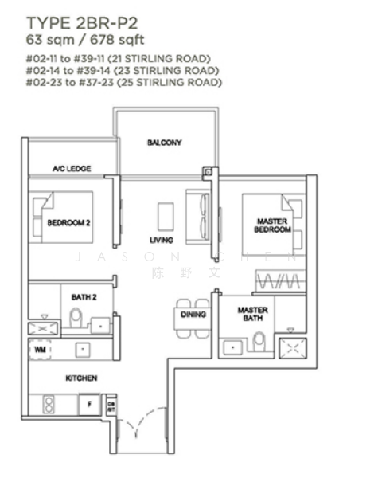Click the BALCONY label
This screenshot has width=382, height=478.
165,143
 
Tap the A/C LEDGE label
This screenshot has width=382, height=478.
72,169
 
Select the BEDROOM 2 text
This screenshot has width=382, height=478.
68,223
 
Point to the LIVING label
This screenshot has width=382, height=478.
162,240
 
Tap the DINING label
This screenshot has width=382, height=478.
193,315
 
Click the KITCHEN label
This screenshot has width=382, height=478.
81,378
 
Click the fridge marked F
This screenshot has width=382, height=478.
89,405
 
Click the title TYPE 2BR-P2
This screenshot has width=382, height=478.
78,22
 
